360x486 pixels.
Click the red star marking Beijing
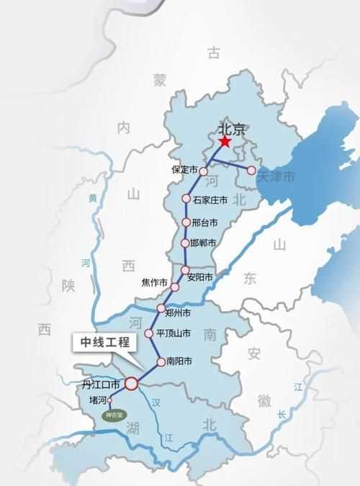tap(225, 143)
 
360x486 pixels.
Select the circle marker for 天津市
tap(251, 171)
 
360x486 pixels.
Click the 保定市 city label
tap(184, 170)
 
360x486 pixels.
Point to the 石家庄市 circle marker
tap(186, 199)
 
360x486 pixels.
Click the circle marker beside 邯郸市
tap(185, 243)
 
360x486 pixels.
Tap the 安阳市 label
tap(199, 277)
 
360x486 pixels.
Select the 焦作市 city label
tap(155, 282)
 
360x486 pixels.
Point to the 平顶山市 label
tap(174, 333)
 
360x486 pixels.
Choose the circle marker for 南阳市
tap(161, 361)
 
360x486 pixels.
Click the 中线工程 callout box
tap(104, 343)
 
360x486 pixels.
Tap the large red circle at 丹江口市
tap(132, 384)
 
